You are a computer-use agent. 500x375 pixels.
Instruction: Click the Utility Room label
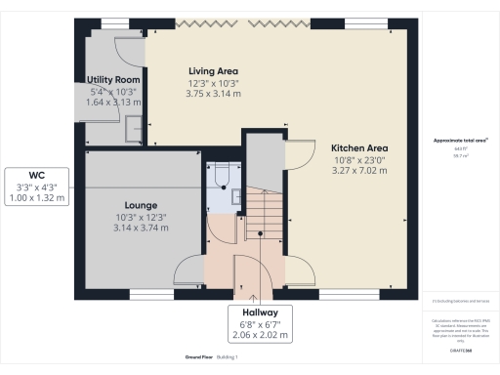114,79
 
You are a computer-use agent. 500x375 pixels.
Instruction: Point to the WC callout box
37,187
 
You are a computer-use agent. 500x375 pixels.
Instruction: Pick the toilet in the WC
222,174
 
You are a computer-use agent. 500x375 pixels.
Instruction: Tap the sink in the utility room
134,125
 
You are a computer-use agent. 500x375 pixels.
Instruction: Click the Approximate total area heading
461,141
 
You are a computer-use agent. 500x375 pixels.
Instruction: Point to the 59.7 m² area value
461,154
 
